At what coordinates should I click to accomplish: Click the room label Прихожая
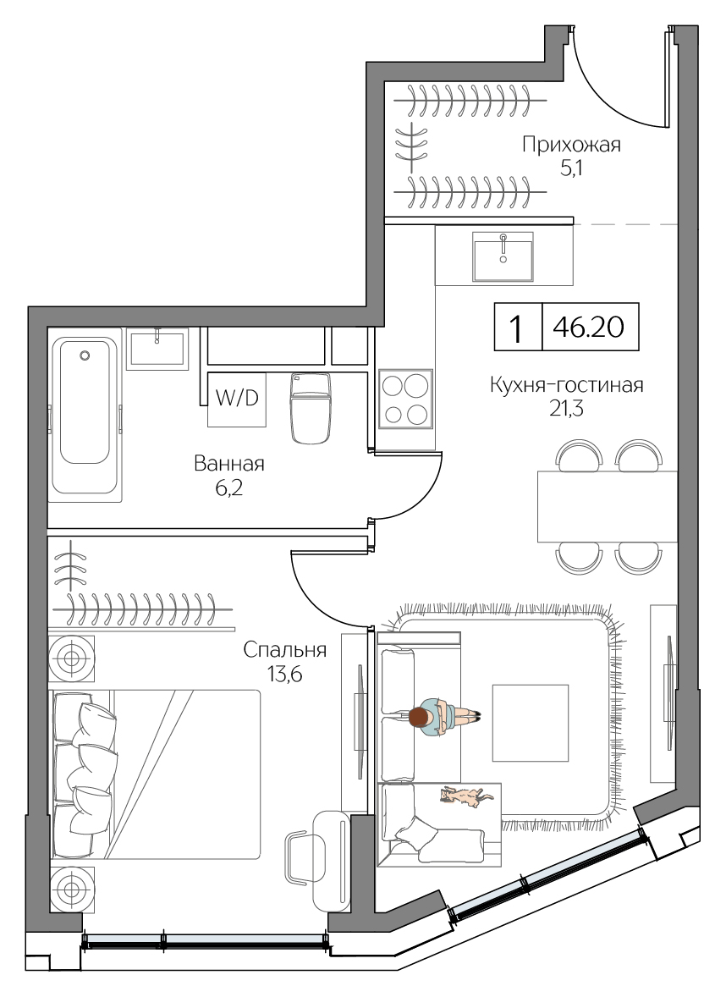click(571, 145)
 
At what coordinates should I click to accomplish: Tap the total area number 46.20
click(589, 327)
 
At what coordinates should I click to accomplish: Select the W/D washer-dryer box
click(237, 399)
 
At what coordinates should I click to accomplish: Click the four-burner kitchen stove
click(404, 399)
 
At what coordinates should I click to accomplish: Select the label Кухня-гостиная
click(567, 386)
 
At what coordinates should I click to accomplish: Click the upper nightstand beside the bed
click(72, 658)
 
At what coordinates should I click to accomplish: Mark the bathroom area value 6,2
click(228, 488)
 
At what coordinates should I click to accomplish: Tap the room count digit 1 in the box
click(515, 327)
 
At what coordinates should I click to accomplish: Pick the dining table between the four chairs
click(607, 506)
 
